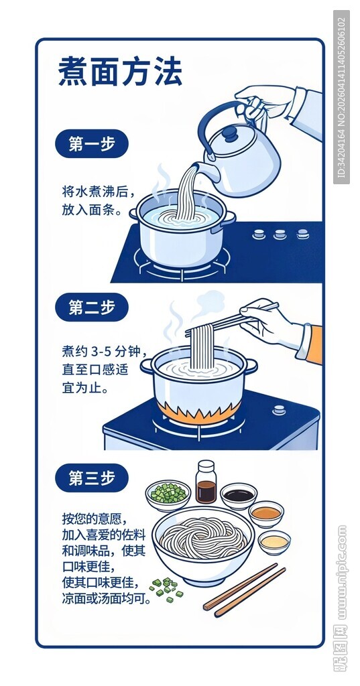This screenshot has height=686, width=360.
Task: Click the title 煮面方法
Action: click(x=119, y=72)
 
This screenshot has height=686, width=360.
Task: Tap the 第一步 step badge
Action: click(x=91, y=143)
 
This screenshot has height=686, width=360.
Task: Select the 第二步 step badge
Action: click(x=91, y=307)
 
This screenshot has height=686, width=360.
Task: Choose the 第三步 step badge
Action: click(x=91, y=478)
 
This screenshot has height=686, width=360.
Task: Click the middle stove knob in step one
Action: click(x=279, y=234)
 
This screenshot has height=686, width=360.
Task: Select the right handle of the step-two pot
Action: click(x=250, y=366)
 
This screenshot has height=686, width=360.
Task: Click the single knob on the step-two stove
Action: click(x=278, y=410)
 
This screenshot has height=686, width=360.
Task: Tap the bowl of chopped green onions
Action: click(x=168, y=494)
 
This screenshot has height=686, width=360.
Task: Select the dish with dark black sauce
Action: click(x=239, y=496)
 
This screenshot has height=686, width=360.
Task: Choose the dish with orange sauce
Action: click(x=266, y=513)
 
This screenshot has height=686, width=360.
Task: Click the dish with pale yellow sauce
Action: click(x=275, y=541)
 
